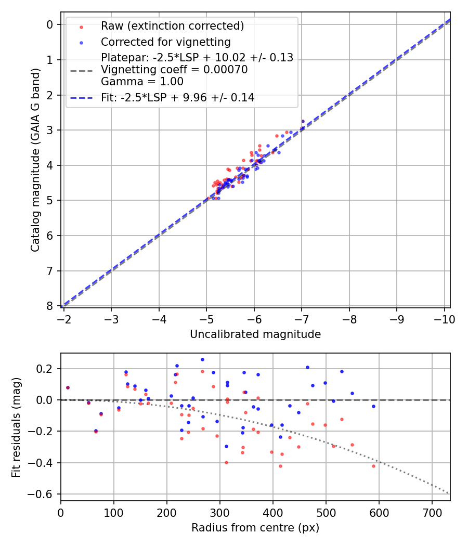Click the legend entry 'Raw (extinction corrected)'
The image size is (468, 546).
pos(172,26)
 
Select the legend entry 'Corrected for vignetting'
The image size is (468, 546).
pos(165,42)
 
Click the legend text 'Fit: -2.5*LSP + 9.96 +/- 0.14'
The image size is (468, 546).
pos(177,97)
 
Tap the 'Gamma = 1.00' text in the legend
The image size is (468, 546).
pos(142,81)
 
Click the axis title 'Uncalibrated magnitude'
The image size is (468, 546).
pos(255,334)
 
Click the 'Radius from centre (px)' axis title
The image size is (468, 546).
pos(255,528)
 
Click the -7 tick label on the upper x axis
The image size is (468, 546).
pos(302,319)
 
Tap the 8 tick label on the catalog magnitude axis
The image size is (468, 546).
pos(50,306)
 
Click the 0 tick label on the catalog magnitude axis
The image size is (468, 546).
pos(50,24)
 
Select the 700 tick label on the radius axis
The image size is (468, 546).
pos(432,513)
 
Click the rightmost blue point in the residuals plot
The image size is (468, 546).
pos(373,406)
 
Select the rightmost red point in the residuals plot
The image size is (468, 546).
pos(373,466)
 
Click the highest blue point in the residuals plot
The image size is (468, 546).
pos(202,359)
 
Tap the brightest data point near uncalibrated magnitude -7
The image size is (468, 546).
pos(303,121)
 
